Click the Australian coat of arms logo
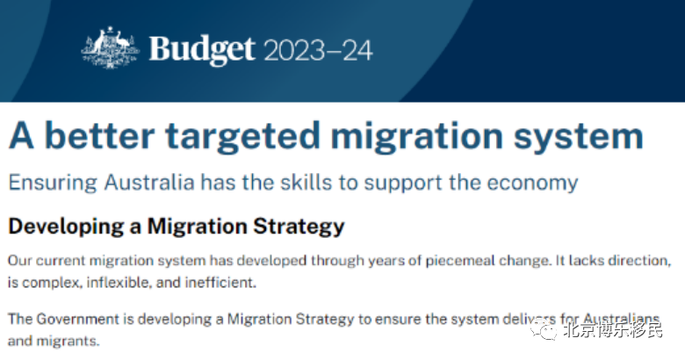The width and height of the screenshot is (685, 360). pos(110,47)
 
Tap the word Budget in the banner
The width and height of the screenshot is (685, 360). pos(202,50)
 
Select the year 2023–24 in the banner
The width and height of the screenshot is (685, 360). pos(318,50)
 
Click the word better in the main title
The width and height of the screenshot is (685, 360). pos(100,136)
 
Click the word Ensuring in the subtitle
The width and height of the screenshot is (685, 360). pos(53,183)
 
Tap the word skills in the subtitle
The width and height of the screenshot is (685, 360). pos(306,182)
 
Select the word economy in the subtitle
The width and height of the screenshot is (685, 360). pos(532,183)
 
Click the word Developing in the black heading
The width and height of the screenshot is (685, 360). pos(66,227)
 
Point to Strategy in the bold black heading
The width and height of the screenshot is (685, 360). pos(299,227)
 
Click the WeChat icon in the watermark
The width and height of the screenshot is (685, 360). pos(544,329)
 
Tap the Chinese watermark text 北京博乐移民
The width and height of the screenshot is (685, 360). pos(612,329)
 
